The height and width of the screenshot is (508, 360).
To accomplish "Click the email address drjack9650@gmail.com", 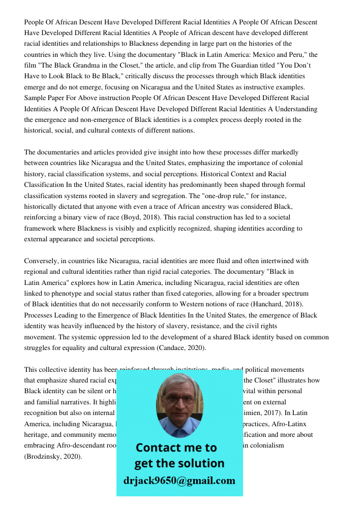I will (x=179, y=481).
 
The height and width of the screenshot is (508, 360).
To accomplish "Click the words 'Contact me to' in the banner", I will (x=176, y=448).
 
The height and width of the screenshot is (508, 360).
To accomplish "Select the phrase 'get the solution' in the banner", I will (x=179, y=463).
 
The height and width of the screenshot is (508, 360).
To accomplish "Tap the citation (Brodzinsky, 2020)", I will (x=53, y=457).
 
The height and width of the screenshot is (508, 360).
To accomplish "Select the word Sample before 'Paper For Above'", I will (x=36, y=98).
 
